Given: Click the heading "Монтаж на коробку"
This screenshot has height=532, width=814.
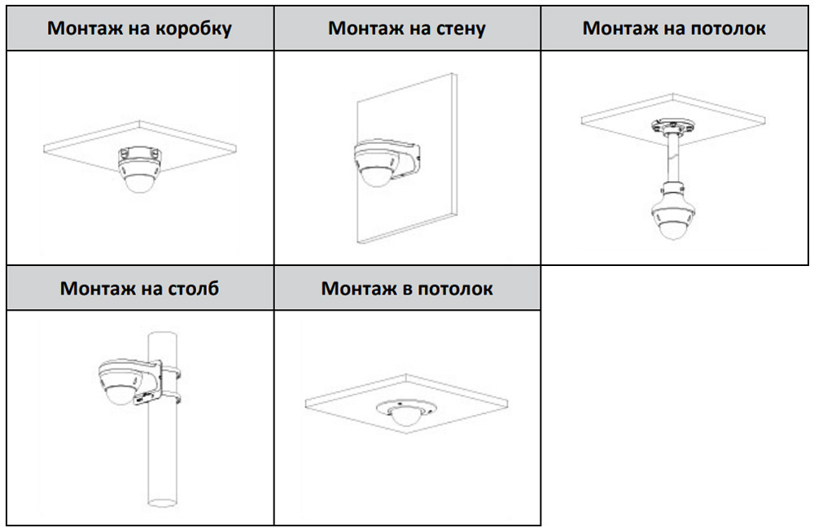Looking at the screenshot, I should coord(140,28).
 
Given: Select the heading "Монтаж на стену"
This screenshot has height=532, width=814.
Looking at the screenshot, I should coord(407,28).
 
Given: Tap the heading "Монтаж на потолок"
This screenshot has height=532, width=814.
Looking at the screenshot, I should coord(674,28).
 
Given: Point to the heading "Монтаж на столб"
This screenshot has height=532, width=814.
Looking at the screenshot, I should coord(140,288).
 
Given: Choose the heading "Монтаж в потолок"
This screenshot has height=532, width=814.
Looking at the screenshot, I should coord(407,288).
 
